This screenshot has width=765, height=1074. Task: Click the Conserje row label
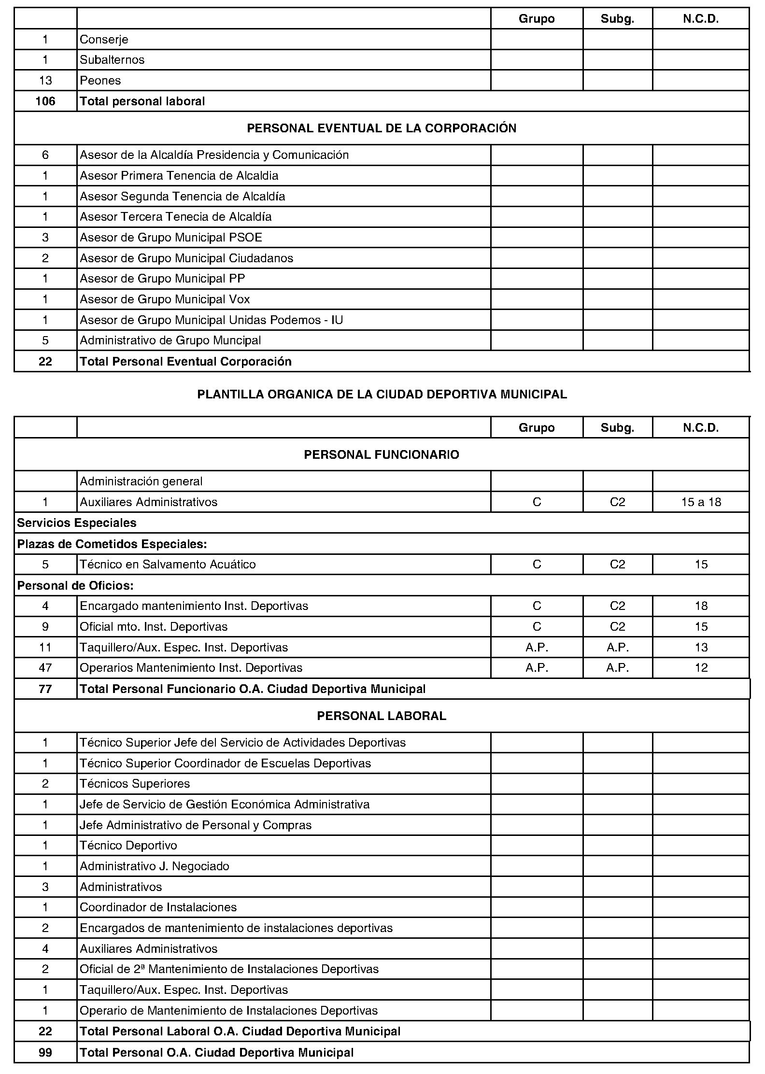coord(104,39)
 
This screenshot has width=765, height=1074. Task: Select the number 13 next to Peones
coord(45,80)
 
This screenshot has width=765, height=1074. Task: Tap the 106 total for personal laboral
coord(45,101)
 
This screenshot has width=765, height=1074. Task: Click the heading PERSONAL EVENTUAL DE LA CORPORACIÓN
coord(382,128)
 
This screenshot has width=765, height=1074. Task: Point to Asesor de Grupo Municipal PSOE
coord(171,237)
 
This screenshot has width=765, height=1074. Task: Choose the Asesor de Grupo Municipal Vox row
coord(165,299)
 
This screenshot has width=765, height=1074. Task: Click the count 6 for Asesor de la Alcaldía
coord(45,155)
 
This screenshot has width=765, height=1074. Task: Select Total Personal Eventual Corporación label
coord(185,362)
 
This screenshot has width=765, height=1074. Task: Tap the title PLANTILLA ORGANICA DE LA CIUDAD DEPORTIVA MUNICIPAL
coord(382,395)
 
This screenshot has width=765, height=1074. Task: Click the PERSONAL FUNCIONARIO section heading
coord(382,454)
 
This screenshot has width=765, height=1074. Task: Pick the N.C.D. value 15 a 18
coord(701,502)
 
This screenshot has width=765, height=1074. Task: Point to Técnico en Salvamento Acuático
coord(168,565)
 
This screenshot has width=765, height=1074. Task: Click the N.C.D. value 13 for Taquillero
coord(701,647)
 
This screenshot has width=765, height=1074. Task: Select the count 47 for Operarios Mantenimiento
coord(45,668)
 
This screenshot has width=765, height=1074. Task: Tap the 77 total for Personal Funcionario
coord(45,689)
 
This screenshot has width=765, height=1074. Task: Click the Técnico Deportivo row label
coord(128,846)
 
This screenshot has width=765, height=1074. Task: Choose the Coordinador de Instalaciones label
coord(158,907)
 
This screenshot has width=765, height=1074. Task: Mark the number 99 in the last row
coord(45,1052)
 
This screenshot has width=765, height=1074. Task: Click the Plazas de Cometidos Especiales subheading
coord(112,544)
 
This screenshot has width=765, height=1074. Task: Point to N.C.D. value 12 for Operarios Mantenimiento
coord(701,668)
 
